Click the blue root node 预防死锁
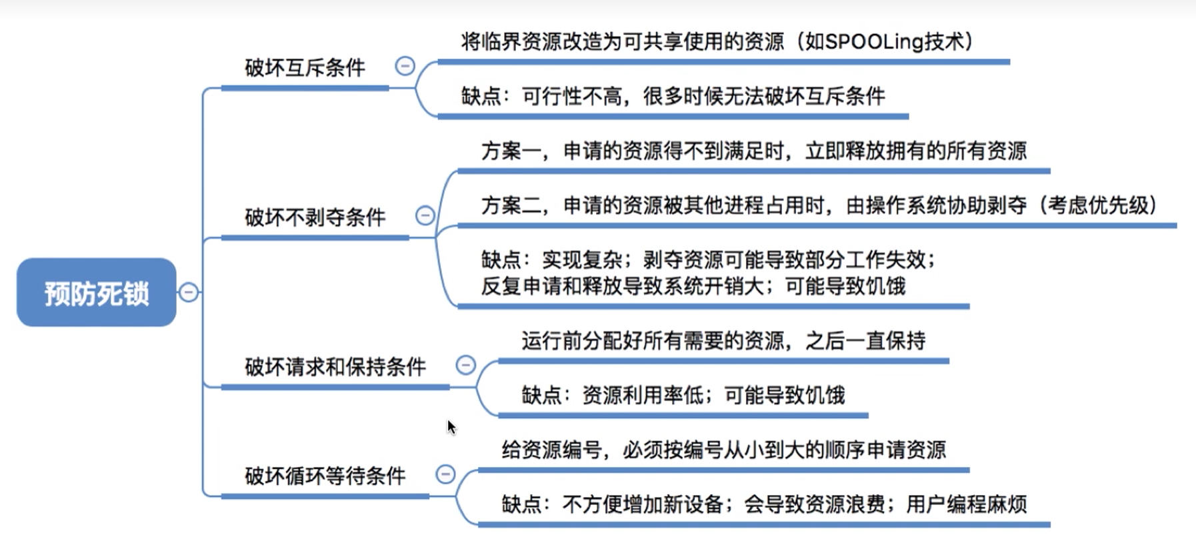[97, 292]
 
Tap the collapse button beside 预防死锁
[189, 292]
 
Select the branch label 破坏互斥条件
[305, 67]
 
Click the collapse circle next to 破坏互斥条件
[405, 66]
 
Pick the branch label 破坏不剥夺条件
[315, 217]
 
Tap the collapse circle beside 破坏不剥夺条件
[425, 215]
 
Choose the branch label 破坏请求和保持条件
[335, 366]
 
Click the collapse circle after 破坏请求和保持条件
[465, 365]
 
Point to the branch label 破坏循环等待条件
[325, 476]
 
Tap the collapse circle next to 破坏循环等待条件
[445, 474]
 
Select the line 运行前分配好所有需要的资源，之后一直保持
[723, 342]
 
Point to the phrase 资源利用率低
[643, 396]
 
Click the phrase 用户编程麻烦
[966, 504]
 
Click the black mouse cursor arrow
[451, 427]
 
